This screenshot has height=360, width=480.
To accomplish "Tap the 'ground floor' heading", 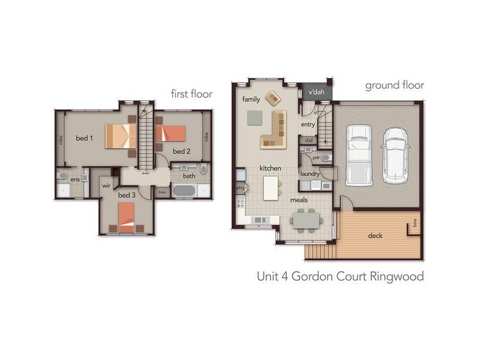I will pyautogui.click(x=394, y=85).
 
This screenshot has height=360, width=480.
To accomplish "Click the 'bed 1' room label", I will pyautogui.click(x=84, y=138).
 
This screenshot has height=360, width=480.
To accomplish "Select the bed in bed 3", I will pyautogui.click(x=126, y=217).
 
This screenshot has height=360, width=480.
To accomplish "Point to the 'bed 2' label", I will pyautogui.click(x=182, y=151).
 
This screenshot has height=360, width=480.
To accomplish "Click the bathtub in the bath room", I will pyautogui.click(x=185, y=191).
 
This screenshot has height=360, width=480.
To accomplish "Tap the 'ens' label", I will pyautogui.click(x=75, y=179).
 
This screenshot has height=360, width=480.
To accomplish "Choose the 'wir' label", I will pyautogui.click(x=107, y=186).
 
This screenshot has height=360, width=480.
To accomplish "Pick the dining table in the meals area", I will pyautogui.click(x=310, y=219).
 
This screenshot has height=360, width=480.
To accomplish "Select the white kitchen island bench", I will pyautogui.click(x=271, y=188).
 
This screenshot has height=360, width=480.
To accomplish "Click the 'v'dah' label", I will pyautogui.click(x=316, y=93).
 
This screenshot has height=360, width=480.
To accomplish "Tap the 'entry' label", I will pyautogui.click(x=308, y=124).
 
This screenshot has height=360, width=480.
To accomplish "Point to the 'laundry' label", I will pyautogui.click(x=310, y=174).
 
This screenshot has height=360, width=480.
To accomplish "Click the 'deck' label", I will pyautogui.click(x=375, y=235).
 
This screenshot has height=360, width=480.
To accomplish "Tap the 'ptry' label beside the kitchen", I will pyautogui.click(x=241, y=188).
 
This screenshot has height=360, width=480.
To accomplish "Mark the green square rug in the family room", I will pyautogui.click(x=254, y=117).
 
